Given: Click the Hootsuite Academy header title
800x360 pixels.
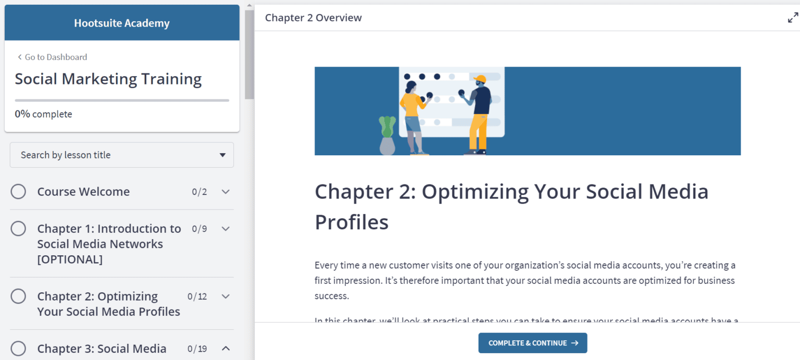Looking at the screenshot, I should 121,23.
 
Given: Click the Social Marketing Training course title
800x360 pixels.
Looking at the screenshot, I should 108,79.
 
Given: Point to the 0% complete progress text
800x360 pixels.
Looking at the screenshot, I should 43,114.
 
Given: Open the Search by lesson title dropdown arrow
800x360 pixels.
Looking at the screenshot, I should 222,155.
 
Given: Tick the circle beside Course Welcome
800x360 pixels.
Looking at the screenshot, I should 18,192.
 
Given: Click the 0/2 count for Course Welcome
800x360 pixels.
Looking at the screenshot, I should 199,192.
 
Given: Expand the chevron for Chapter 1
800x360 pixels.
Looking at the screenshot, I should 226,228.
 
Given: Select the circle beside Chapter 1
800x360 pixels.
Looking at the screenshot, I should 18,228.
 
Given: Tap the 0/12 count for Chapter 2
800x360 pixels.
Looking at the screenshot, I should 197,296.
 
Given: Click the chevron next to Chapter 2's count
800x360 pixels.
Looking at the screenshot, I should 226,296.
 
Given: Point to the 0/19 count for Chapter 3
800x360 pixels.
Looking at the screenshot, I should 197,349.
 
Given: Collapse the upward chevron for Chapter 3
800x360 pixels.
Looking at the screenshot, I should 226,348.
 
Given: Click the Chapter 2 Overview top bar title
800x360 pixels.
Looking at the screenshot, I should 313,18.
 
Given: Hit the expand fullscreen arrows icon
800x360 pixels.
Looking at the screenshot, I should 793,18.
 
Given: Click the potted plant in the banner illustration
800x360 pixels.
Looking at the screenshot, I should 387,135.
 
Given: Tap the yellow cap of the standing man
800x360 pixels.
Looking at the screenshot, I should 480,79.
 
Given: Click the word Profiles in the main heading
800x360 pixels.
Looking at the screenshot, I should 352,222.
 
